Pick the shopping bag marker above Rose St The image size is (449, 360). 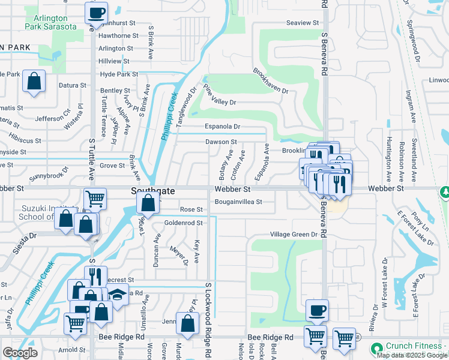click(x=147, y=203)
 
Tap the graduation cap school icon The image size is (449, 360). click(x=118, y=295)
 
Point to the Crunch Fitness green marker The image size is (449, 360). click(x=377, y=348)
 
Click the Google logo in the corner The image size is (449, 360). click(x=20, y=353)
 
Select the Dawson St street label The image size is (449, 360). click(x=221, y=142)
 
